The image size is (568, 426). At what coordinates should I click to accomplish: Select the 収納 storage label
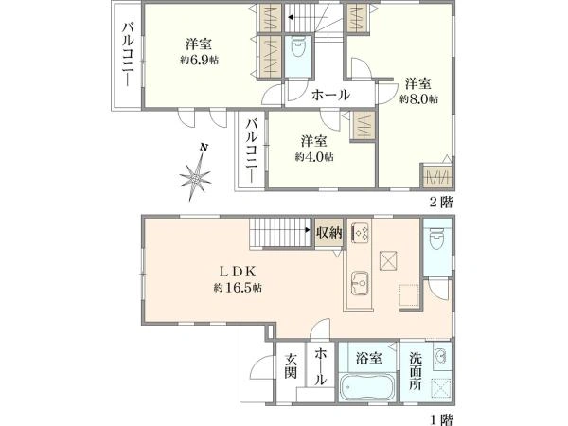(x=328, y=232)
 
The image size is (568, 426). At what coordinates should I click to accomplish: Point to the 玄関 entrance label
(x=292, y=365)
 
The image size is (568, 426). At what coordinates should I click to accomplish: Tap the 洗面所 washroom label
(x=416, y=372)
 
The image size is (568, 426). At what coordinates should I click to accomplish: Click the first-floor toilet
(x=436, y=241)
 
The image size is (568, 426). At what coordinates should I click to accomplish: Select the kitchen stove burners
(x=361, y=232)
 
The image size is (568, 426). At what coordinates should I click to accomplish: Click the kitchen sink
(x=361, y=282)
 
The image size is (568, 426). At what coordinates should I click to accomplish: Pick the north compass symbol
(x=200, y=174)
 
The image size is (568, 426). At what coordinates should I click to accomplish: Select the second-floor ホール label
(x=330, y=96)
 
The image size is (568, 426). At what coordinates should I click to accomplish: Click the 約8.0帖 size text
(x=418, y=98)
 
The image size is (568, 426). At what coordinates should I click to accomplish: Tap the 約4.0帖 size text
(x=313, y=157)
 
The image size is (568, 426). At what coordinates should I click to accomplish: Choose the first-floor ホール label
(x=321, y=365)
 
